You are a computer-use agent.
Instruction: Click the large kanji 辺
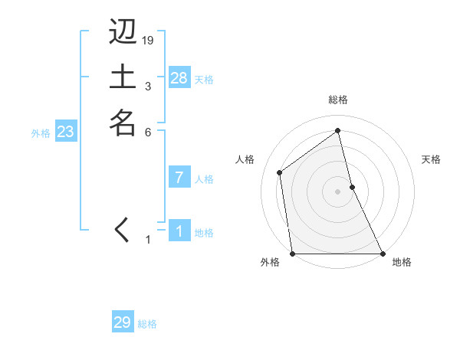click(x=123, y=31)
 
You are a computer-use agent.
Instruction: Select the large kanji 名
click(x=123, y=122)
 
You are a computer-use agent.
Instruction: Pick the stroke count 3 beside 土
click(x=148, y=86)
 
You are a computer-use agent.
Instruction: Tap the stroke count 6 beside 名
click(x=148, y=131)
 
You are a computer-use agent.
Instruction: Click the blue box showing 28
click(x=179, y=78)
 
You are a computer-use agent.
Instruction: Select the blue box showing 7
click(x=179, y=178)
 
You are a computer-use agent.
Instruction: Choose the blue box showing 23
click(x=66, y=132)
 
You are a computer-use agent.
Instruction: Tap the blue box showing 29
click(x=123, y=322)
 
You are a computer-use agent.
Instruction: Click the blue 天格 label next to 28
click(x=204, y=79)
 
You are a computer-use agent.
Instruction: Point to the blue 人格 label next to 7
click(x=204, y=179)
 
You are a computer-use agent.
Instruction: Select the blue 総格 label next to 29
click(x=147, y=324)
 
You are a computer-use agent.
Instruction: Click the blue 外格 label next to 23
click(x=41, y=133)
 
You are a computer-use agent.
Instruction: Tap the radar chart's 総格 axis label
click(x=338, y=100)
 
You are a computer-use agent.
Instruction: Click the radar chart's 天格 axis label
click(x=432, y=159)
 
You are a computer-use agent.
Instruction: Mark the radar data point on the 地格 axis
click(x=382, y=253)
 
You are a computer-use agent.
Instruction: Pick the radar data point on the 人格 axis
click(x=280, y=172)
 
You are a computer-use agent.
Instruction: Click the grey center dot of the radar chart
click(x=338, y=191)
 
